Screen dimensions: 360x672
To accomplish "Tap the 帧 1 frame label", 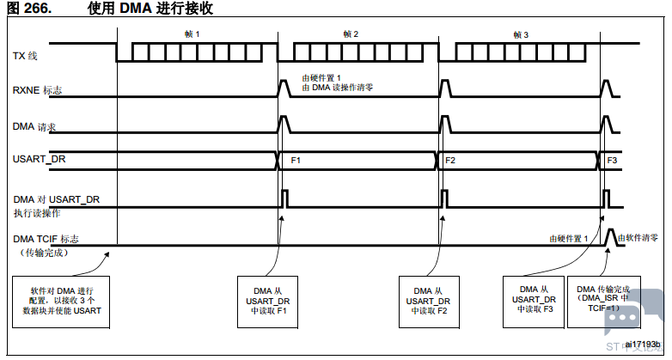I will coord(192,34).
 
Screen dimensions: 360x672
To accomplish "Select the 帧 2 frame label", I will coord(351,34).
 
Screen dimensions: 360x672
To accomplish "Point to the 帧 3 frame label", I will coord(521,34).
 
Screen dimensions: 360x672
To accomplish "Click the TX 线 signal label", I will coord(26,57).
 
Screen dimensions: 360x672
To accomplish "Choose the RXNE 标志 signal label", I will coord(37,89).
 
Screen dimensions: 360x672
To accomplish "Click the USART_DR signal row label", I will coord(39,161).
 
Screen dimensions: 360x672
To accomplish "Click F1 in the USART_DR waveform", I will coord(296,161).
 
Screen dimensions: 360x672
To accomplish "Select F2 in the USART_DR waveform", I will coord(450,161).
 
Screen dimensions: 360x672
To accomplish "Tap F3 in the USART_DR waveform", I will coord(612,161).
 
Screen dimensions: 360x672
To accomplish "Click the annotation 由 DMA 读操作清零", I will coord(337,88).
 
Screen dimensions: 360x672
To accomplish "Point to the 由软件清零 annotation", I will coord(638,237).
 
